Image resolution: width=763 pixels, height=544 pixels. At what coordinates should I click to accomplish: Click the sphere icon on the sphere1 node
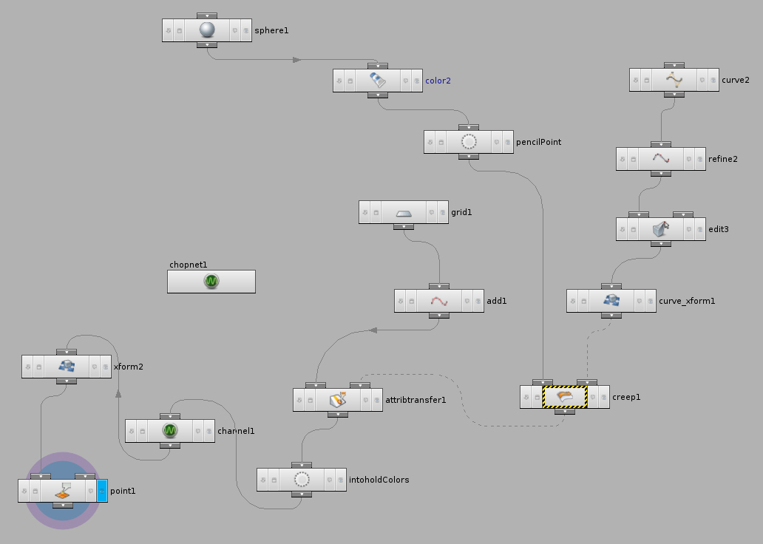coord(207,30)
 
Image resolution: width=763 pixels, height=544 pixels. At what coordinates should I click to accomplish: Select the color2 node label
coord(438,81)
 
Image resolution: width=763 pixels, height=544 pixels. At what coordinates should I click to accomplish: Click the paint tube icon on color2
coord(378,81)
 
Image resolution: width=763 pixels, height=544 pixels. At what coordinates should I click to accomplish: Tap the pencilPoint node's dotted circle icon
coord(469,142)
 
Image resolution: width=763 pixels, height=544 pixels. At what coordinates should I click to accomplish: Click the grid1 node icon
coord(404,213)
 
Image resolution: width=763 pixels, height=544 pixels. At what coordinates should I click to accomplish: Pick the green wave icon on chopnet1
coord(211,282)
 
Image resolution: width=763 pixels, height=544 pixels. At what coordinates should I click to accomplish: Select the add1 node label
coord(497,301)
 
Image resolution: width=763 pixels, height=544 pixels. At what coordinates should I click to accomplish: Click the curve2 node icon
coord(674,80)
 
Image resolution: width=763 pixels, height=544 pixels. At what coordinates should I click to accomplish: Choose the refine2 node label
coord(723,159)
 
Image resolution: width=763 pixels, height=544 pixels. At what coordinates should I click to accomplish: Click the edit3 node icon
coord(661,228)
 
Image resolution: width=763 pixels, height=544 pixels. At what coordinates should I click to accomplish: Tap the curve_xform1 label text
coord(687,301)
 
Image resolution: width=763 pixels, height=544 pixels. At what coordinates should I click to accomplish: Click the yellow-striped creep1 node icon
coord(564,397)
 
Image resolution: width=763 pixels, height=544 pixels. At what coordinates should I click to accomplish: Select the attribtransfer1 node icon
coord(338,399)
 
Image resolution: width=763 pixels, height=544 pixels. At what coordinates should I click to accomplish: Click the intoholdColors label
coord(379,480)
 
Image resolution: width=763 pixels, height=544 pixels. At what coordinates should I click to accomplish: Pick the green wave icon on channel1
coord(170,431)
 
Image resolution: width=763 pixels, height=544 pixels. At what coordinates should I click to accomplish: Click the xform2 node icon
coord(67,367)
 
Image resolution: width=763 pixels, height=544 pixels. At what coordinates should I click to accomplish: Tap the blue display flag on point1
coord(102,491)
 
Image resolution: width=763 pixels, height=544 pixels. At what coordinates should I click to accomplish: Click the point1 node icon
coord(63,491)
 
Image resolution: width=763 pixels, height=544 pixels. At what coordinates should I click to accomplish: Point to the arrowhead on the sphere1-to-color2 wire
coord(296,60)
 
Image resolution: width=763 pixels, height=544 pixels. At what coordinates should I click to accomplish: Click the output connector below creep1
coord(564,412)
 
